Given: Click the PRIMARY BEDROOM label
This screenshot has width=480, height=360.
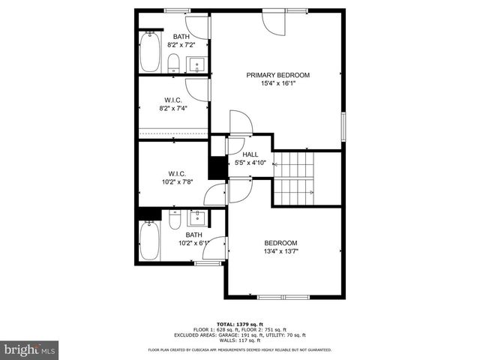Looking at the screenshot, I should tap(278, 75).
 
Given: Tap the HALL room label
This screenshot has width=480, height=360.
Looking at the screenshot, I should tap(250, 154).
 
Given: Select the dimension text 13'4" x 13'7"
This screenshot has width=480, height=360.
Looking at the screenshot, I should tap(280, 252).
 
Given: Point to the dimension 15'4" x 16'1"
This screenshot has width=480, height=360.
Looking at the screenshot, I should tap(278, 84).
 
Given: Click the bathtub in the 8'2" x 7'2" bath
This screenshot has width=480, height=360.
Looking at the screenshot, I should tap(150, 52).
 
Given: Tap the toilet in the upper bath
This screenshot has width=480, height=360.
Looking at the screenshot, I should tap(173, 62).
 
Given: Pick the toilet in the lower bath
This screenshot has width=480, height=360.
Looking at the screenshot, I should tap(174, 220).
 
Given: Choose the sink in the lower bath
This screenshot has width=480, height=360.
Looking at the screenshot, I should tap(196, 218).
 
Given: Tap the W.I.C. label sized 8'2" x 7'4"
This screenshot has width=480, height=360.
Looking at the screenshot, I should tap(173, 104).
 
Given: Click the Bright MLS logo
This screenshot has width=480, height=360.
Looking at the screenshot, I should tap(30, 349).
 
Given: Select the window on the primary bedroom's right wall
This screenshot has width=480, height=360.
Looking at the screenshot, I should tap(343, 125).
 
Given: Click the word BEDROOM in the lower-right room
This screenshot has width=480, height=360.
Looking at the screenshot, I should tap(280, 243).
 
